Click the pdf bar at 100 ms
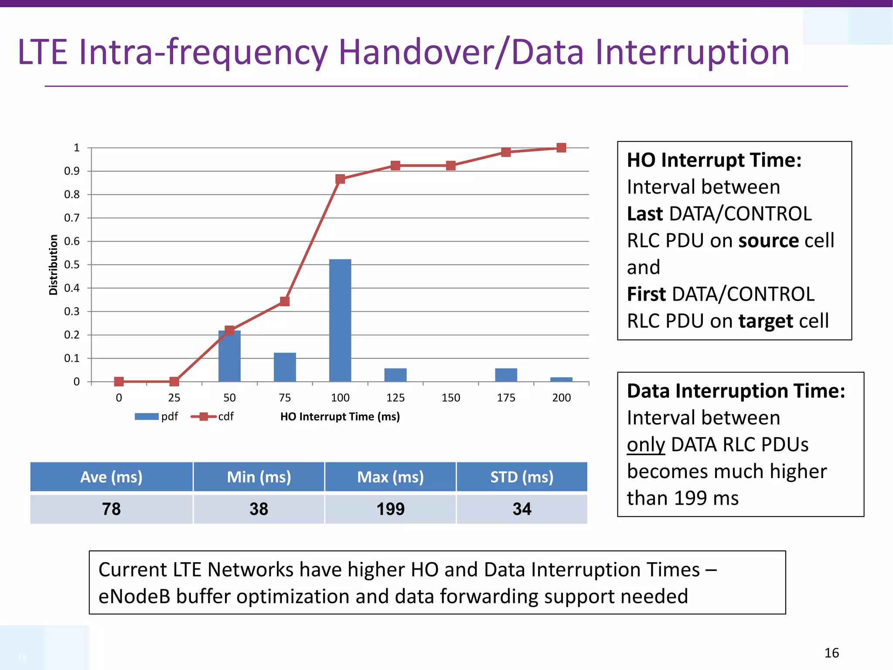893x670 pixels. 340,321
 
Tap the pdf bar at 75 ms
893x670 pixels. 285,367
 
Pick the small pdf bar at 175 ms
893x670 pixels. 506,375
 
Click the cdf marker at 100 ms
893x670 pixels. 340,179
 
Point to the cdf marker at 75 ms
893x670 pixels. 285,301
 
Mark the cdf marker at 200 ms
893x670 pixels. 561,148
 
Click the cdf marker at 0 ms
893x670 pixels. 119,382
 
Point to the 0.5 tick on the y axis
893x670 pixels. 72,265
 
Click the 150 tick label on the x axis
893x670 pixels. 450,398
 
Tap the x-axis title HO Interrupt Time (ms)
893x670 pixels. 340,417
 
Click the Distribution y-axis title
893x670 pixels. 53,265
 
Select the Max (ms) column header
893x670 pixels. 390,477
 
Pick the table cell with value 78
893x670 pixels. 111,509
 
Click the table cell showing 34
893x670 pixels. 521,509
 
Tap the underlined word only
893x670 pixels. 646,445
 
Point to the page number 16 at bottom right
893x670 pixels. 832,653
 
